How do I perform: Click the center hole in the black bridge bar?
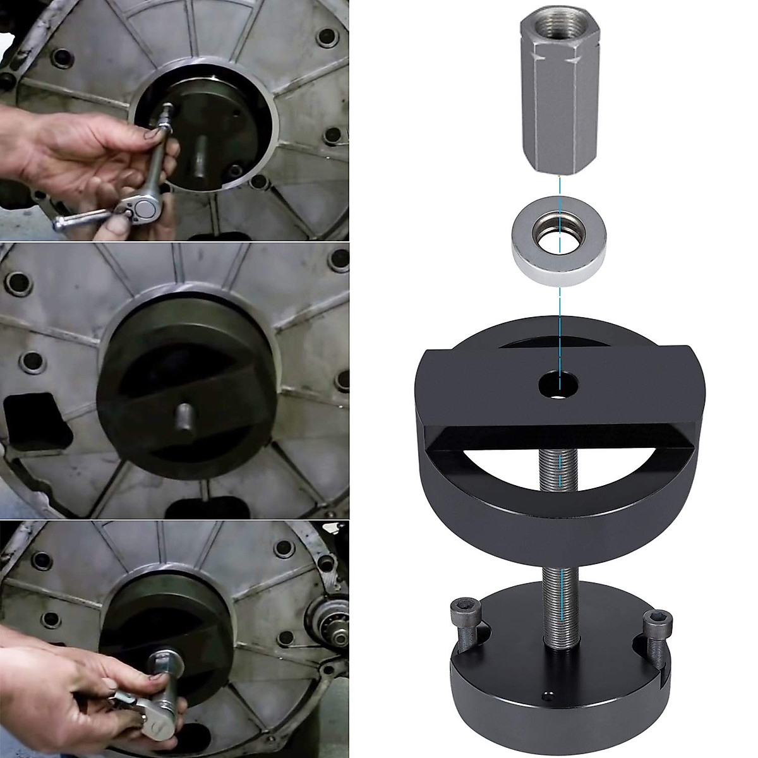coord(558,385)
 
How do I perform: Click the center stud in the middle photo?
coord(184,417)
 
